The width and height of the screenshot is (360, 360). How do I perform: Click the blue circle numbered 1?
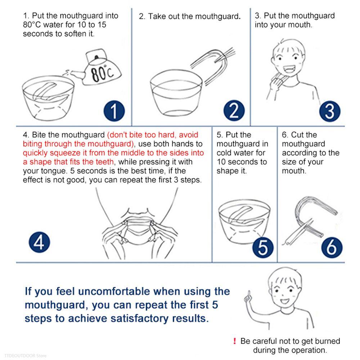[114, 111]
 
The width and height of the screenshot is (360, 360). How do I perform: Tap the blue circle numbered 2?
[234, 111]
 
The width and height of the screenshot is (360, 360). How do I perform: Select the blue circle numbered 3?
[330, 111]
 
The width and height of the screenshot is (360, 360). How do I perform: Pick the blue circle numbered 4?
[39, 242]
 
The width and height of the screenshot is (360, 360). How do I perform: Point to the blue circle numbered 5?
[263, 248]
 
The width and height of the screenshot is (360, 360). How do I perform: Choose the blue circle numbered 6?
[332, 248]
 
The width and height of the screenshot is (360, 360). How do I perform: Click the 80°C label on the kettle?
[102, 73]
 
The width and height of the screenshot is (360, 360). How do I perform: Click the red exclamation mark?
[234, 341]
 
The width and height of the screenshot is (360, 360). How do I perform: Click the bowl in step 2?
[176, 93]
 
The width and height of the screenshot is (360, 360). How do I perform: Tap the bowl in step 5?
[244, 220]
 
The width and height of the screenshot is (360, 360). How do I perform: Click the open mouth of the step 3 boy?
[289, 68]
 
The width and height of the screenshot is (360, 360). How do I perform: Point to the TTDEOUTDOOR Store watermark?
[26, 356]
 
